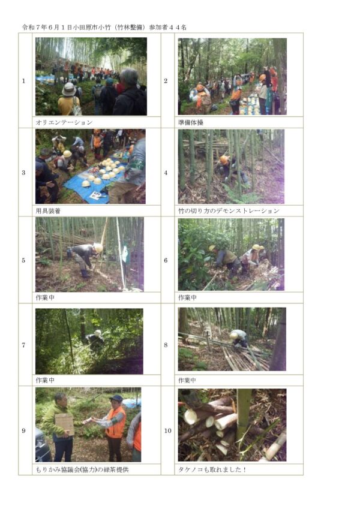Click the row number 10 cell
pos(167,431)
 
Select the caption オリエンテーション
pos(64,122)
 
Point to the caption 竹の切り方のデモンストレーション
pos(229,211)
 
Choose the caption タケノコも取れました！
pos(212,469)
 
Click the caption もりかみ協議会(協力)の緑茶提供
pos(82,469)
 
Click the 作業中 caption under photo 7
pos(45,380)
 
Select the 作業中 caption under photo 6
pos(187,298)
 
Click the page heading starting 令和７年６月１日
pos(104,28)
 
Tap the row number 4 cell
pos(166,173)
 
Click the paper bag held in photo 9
pos(64,423)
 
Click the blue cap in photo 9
pos(116,398)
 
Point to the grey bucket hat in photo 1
pos(69,89)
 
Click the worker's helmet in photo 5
pos(98,248)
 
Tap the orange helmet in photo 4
pos(224,159)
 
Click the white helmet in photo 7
pos(97,333)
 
